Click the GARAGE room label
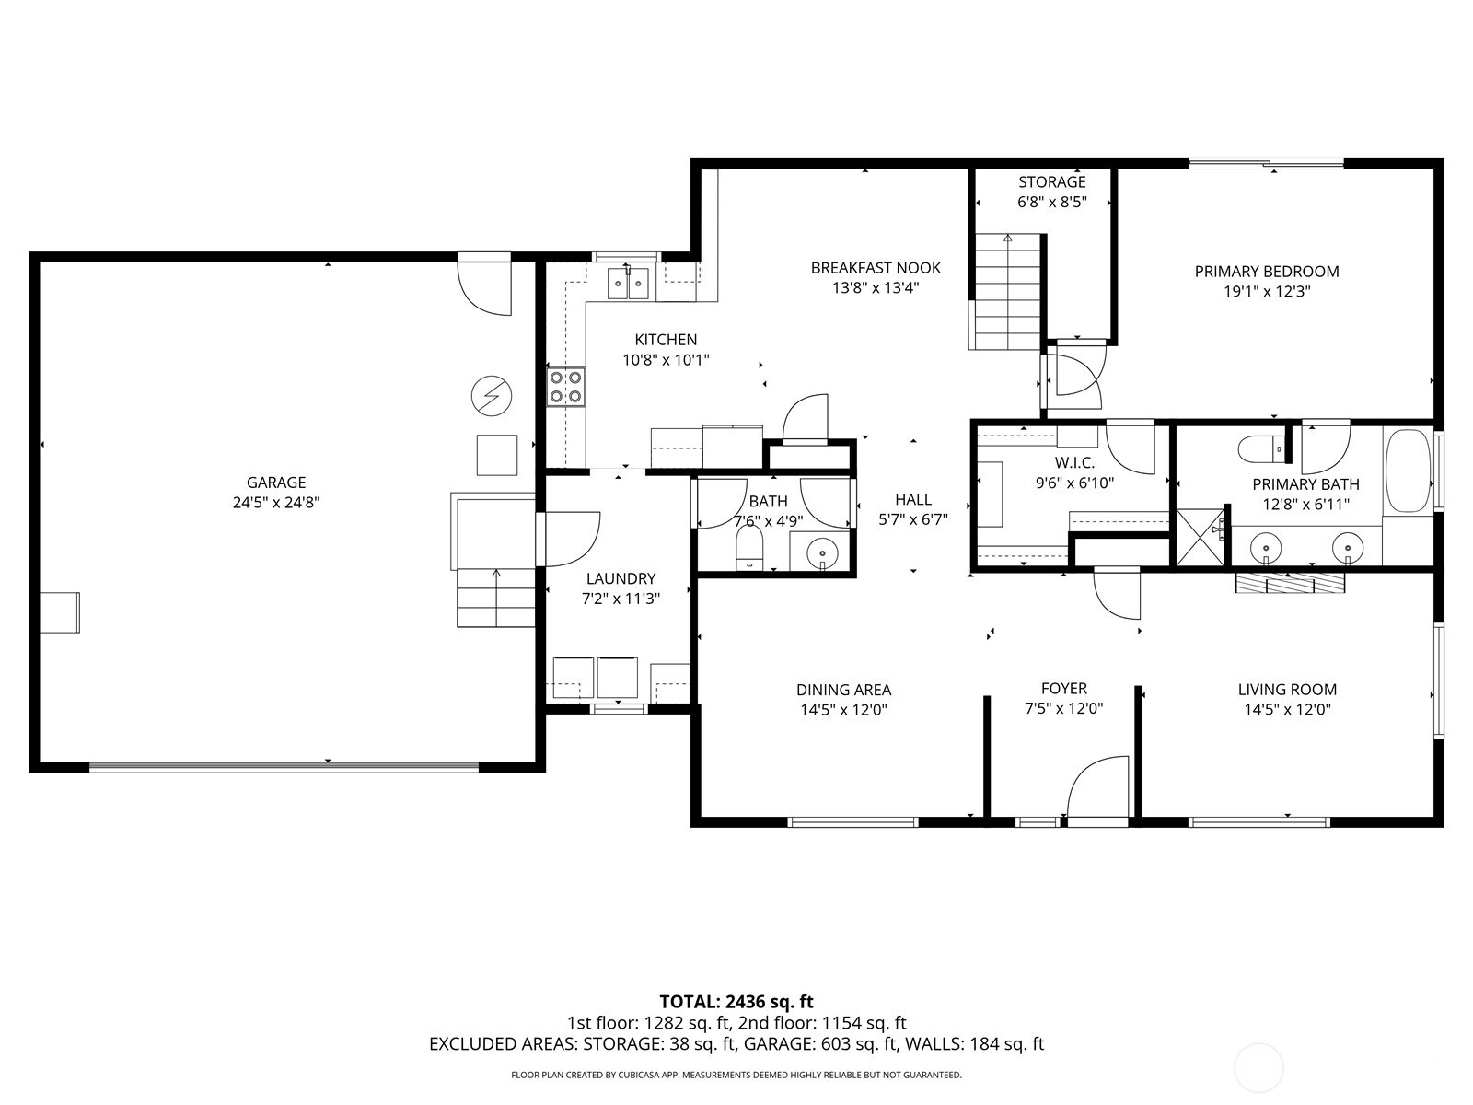pyautogui.click(x=276, y=482)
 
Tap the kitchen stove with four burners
pyautogui.click(x=566, y=387)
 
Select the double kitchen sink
pyautogui.click(x=628, y=283)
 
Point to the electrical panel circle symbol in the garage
pyautogui.click(x=491, y=395)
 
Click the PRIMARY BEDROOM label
pyautogui.click(x=1266, y=271)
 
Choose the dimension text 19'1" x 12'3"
pyautogui.click(x=1266, y=291)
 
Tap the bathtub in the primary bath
pyautogui.click(x=1408, y=471)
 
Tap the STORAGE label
pyautogui.click(x=1052, y=181)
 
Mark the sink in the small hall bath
pyautogui.click(x=821, y=552)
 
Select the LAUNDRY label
pyautogui.click(x=621, y=578)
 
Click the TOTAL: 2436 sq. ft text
pyautogui.click(x=736, y=1001)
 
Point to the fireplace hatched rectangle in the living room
pyautogui.click(x=1290, y=584)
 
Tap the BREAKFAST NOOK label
pyautogui.click(x=876, y=267)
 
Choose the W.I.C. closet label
pyautogui.click(x=1074, y=462)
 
